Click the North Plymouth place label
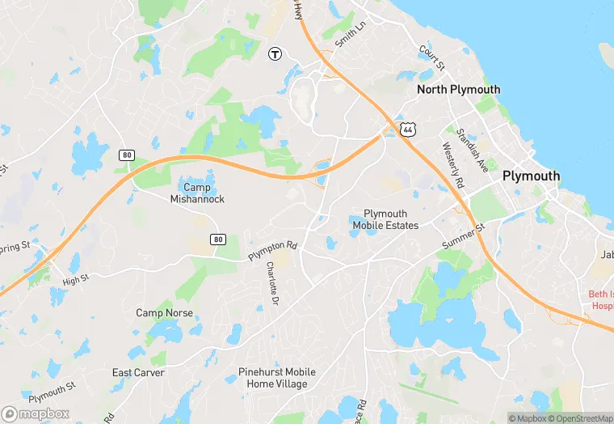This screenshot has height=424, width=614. point(458,90)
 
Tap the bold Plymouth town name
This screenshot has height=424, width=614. point(531,176)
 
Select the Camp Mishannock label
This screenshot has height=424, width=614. point(197,193)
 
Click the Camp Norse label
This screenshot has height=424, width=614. point(164,313)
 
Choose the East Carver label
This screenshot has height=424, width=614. point(138,373)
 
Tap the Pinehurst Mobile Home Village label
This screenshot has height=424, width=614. point(277,378)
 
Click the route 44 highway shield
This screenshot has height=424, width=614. point(409,129)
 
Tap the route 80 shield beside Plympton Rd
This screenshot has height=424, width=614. point(217,240)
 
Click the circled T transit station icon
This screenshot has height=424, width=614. point(275,53)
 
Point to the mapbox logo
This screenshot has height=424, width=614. point(36,413)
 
